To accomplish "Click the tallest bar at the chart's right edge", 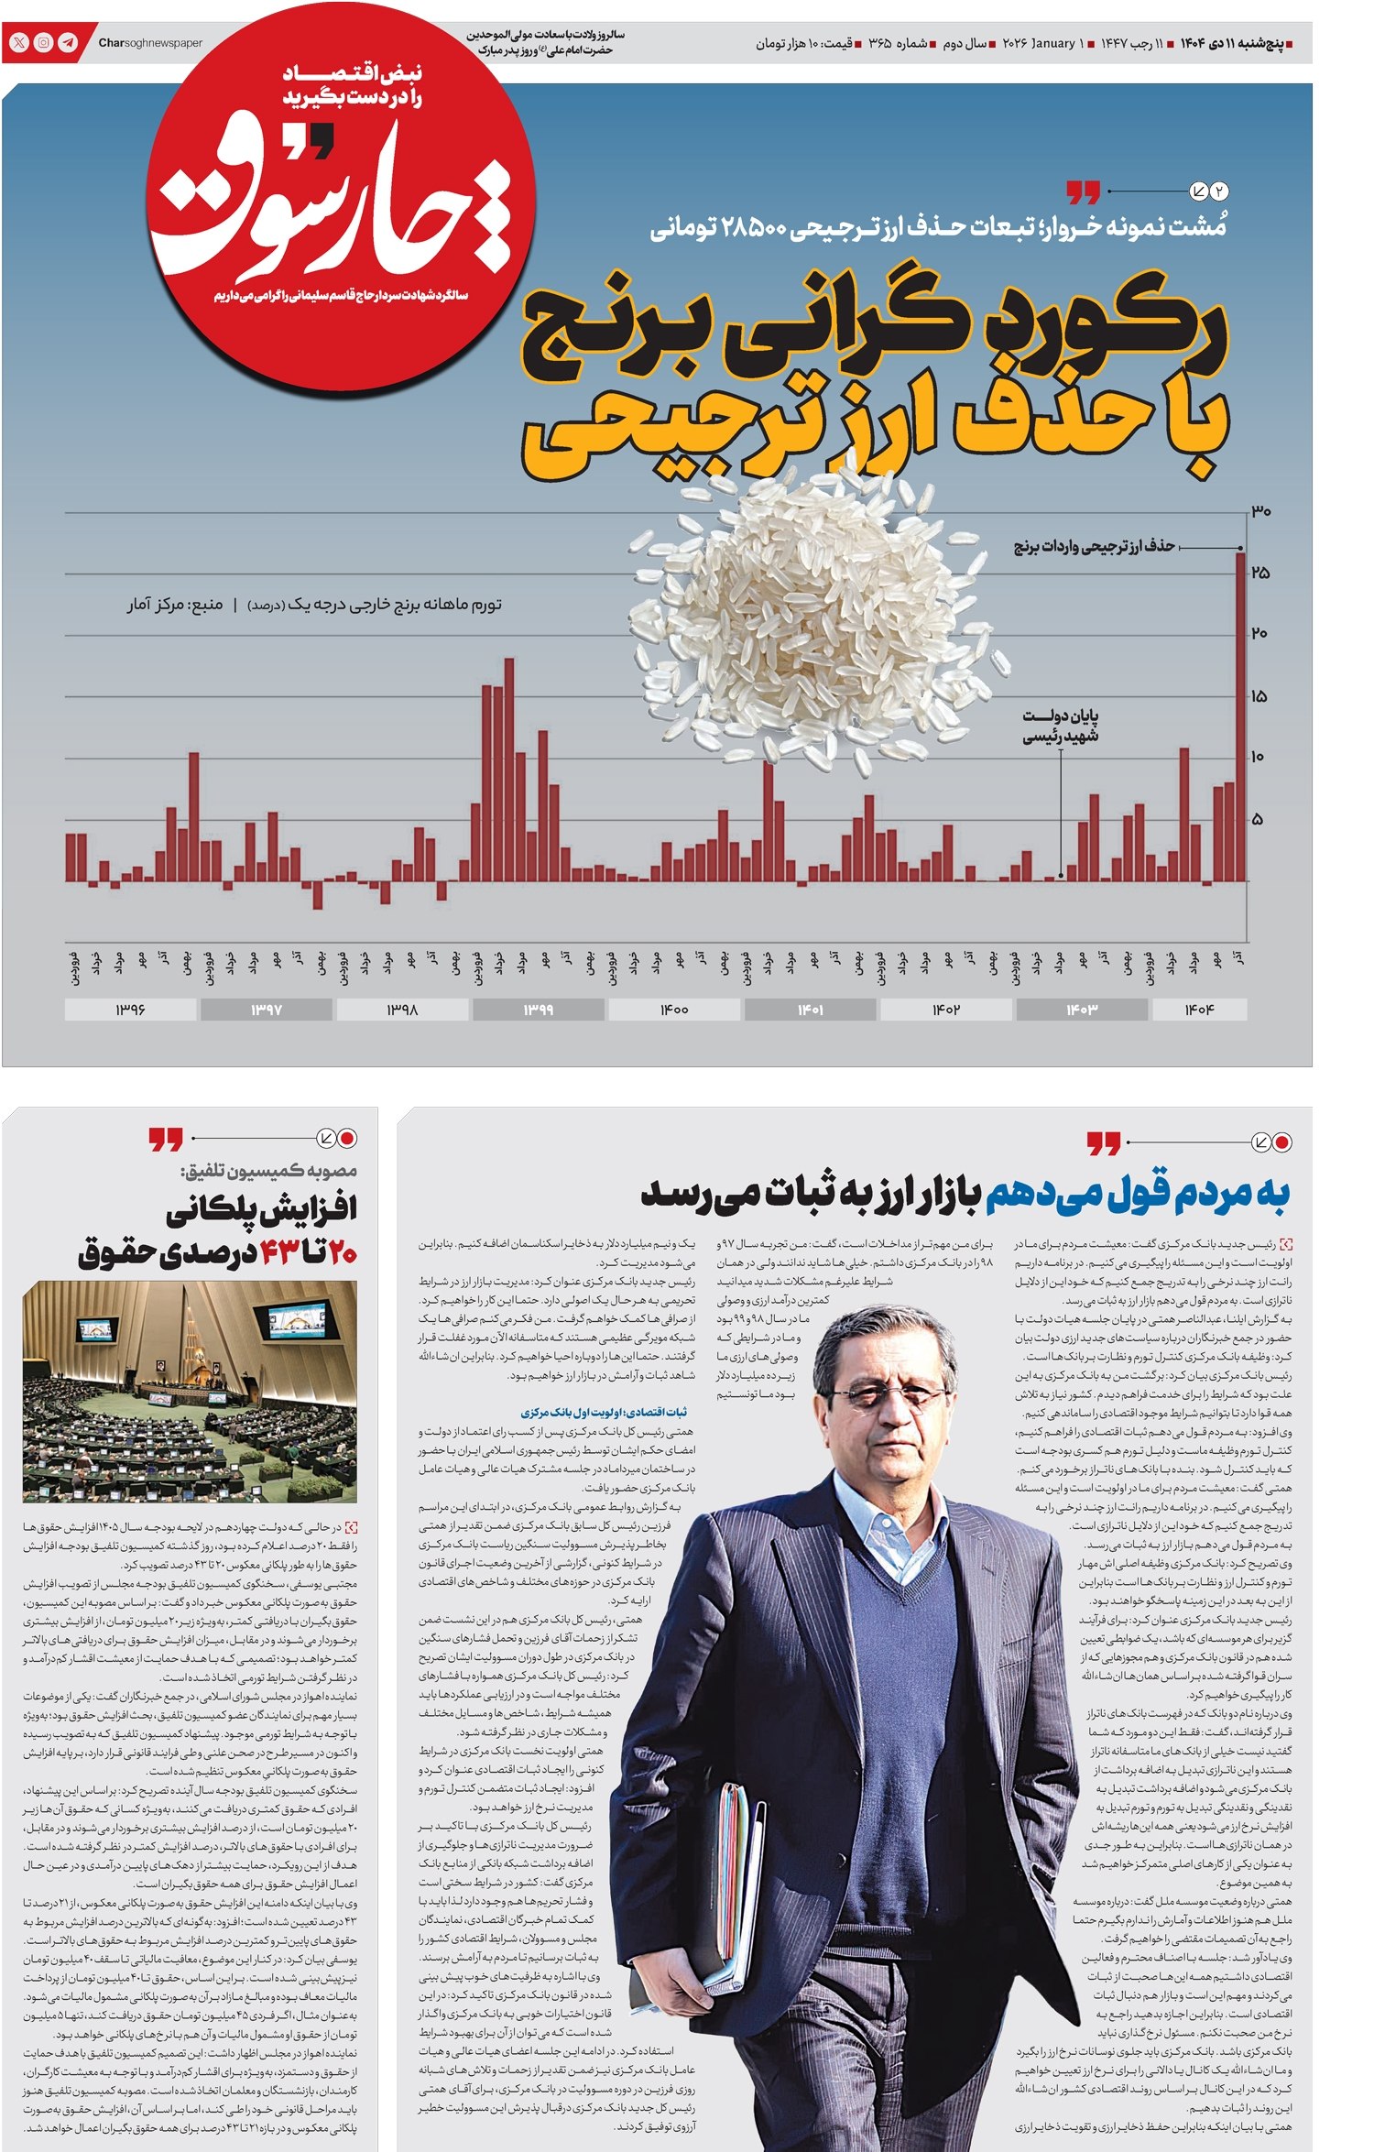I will [1240, 715].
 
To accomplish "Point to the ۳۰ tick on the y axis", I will [1261, 511].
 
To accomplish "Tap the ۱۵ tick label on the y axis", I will [1259, 696].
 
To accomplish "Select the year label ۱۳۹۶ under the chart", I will [130, 1009].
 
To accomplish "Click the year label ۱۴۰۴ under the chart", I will [1198, 1009].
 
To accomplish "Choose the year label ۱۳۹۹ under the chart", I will [538, 1009].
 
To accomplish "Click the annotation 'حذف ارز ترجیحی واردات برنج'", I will [1094, 547].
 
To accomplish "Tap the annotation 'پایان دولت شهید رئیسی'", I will [1060, 726].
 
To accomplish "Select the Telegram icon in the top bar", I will [68, 43].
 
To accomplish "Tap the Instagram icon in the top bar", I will [43, 43].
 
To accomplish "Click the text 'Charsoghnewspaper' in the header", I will [150, 43].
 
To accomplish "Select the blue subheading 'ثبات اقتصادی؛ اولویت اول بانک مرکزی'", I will [604, 1412].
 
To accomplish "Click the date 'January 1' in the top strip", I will [1056, 43].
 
